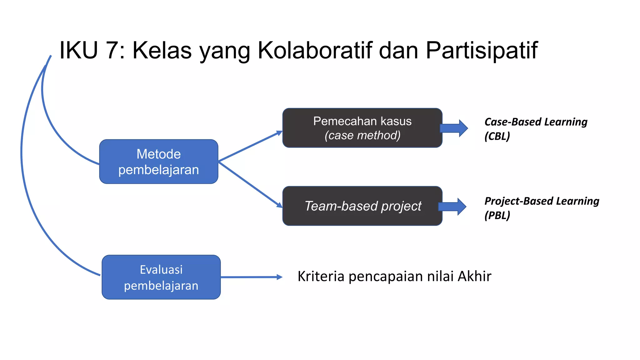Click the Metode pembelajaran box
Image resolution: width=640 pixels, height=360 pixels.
click(x=158, y=162)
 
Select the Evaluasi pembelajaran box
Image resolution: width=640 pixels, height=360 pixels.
click(x=161, y=277)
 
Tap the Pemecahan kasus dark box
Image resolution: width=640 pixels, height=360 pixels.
click(x=362, y=128)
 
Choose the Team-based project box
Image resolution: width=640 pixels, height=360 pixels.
click(x=362, y=206)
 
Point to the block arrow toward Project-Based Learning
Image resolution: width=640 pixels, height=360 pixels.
click(x=452, y=207)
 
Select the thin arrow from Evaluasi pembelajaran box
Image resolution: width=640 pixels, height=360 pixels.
click(x=251, y=277)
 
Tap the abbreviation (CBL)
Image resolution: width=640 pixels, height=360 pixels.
click(x=497, y=136)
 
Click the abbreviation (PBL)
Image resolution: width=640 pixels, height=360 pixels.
click(x=497, y=215)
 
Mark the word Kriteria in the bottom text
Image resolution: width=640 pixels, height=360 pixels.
click(x=321, y=276)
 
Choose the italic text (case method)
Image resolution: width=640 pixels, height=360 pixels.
click(x=362, y=135)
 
